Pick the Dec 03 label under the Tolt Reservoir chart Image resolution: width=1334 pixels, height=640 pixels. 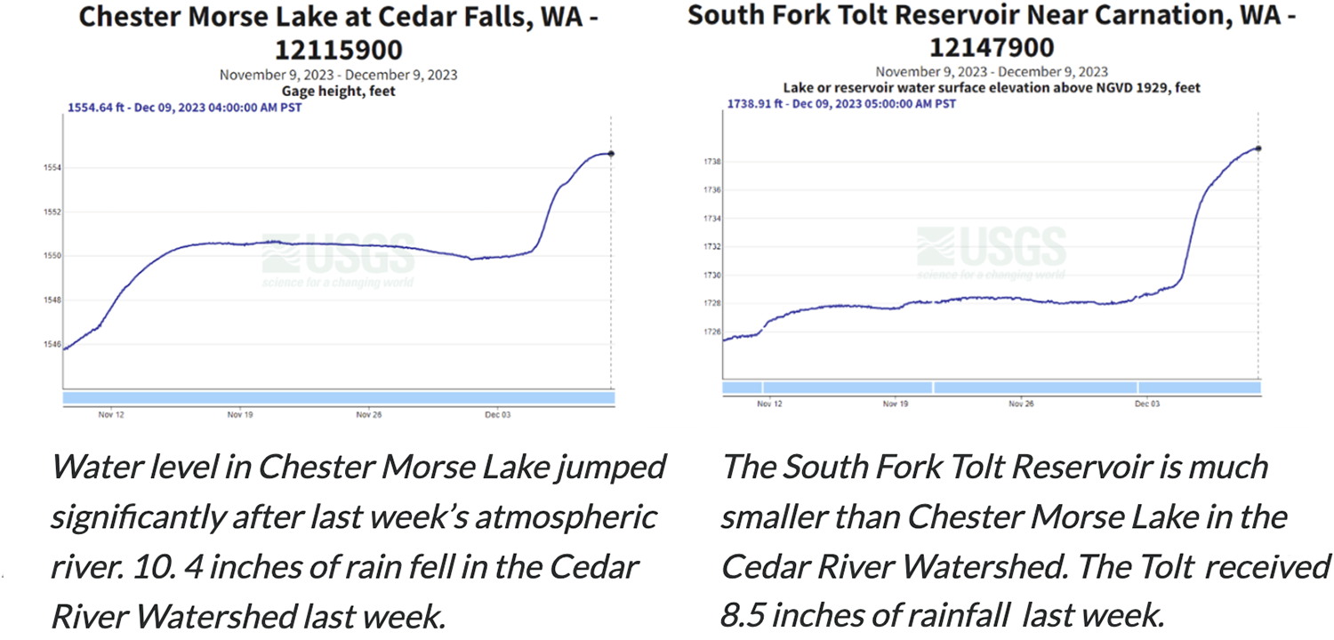click(x=1147, y=404)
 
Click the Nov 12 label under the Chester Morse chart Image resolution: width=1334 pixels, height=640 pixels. click(x=110, y=414)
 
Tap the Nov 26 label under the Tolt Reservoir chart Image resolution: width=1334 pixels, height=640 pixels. click(x=1021, y=404)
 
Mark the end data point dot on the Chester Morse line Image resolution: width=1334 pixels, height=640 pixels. click(x=611, y=154)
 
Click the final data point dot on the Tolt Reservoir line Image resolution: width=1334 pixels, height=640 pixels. click(x=1258, y=148)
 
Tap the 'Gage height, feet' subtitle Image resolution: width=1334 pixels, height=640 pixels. click(x=338, y=91)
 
